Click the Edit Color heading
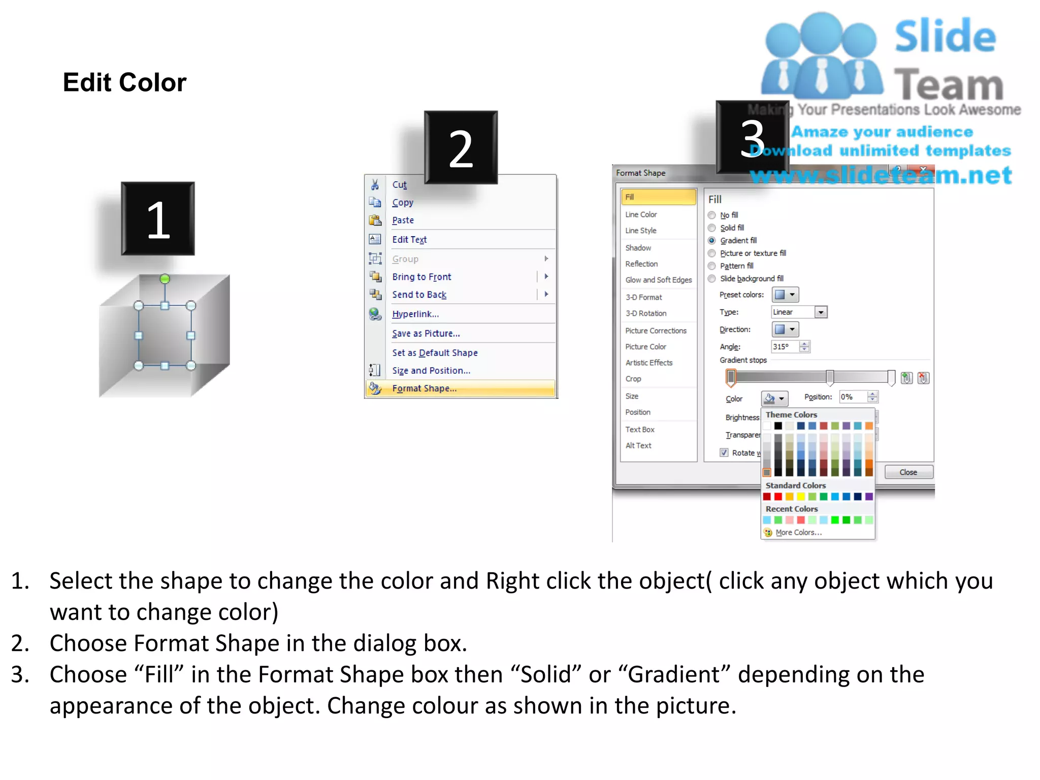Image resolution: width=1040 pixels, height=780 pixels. coord(124,82)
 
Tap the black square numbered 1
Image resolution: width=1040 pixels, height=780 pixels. coord(158,219)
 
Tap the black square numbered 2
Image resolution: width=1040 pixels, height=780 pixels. coord(461,148)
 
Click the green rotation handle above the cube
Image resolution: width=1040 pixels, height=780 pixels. coord(165,279)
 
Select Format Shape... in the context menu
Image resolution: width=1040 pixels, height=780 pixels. coord(424,388)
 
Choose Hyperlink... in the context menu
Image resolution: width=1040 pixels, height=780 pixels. coord(415,314)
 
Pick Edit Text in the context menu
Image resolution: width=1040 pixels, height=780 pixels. coord(409,240)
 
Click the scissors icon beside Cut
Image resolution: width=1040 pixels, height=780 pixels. coord(375,184)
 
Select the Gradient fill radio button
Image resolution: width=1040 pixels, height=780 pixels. coord(712,241)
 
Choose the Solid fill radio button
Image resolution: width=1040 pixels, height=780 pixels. coord(712,228)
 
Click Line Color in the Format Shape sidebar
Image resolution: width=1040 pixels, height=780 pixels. coord(641,215)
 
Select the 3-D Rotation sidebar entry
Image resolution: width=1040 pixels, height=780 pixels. coord(646,313)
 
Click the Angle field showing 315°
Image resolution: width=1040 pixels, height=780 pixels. coord(785,347)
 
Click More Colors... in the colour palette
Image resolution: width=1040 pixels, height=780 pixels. coord(798,532)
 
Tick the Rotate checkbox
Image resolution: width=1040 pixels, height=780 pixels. coord(724,452)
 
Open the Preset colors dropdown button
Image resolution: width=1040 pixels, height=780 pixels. coord(785,295)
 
